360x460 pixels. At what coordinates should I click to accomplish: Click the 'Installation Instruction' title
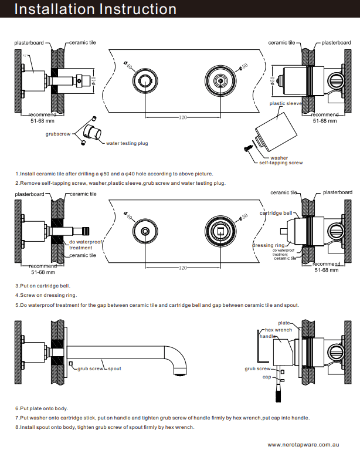(x=95, y=9)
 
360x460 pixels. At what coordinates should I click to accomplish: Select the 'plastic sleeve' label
(x=286, y=103)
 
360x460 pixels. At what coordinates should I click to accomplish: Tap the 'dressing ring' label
(x=268, y=245)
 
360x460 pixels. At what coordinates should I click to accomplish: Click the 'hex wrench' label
(x=279, y=330)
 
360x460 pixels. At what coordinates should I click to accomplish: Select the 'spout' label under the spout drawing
(x=114, y=368)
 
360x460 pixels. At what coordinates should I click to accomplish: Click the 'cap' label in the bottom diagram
(x=266, y=377)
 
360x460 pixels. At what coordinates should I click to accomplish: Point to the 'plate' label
(x=284, y=323)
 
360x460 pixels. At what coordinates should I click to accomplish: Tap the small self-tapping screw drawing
(x=249, y=148)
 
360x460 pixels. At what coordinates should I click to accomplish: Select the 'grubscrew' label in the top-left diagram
(x=58, y=134)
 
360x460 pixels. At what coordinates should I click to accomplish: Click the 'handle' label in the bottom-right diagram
(x=267, y=336)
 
